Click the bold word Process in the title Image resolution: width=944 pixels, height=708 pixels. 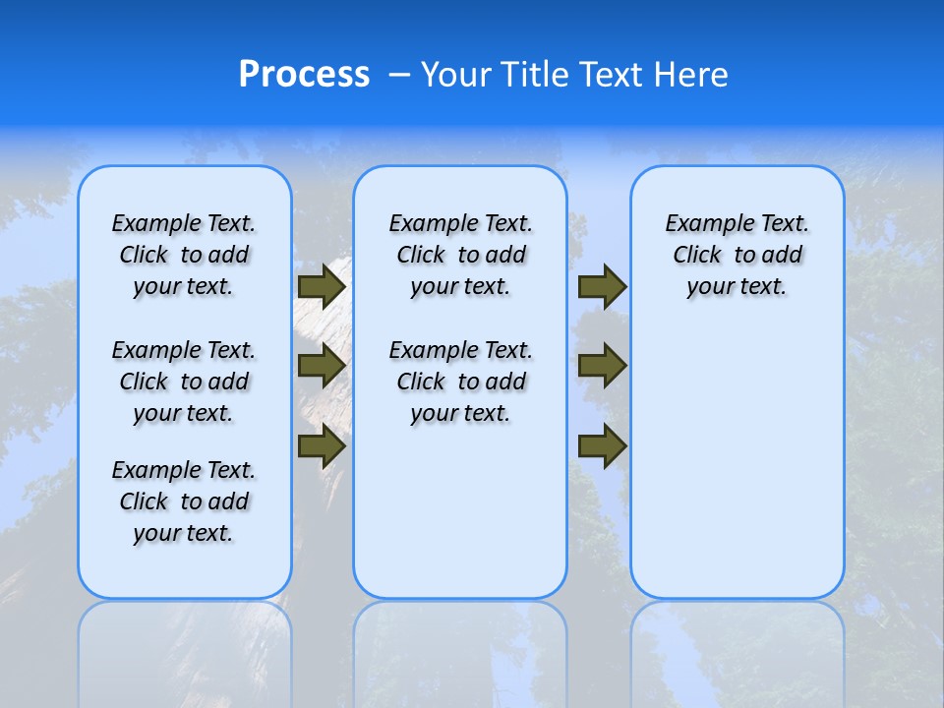pyautogui.click(x=304, y=75)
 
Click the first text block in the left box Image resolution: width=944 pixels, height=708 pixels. pyautogui.click(x=183, y=255)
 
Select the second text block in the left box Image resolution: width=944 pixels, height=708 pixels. pyautogui.click(x=183, y=382)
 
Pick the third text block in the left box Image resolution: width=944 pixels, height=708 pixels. pyautogui.click(x=183, y=501)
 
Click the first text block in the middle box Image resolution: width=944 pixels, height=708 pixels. pyautogui.click(x=460, y=255)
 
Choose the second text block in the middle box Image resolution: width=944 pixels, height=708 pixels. pyautogui.click(x=460, y=382)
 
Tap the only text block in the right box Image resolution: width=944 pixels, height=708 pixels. pyautogui.click(x=737, y=255)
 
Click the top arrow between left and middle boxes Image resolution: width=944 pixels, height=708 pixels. pyautogui.click(x=322, y=287)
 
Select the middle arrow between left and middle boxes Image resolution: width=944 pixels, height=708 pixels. pyautogui.click(x=322, y=366)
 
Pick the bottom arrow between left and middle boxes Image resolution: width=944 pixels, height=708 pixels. pyautogui.click(x=322, y=446)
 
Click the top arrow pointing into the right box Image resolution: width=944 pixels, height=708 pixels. pyautogui.click(x=602, y=287)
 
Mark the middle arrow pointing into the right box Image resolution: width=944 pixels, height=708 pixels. pyautogui.click(x=602, y=366)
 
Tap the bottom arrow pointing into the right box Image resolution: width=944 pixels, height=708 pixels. pyautogui.click(x=602, y=446)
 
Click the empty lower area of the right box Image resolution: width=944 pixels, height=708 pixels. pyautogui.click(x=737, y=472)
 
